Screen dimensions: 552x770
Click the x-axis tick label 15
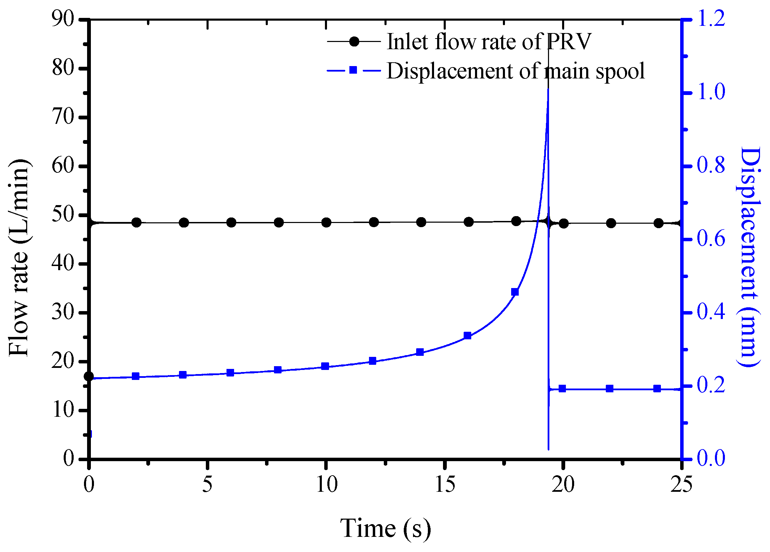pos(445,485)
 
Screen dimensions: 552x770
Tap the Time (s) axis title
pos(385,528)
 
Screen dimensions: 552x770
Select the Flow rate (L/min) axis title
pos(19,258)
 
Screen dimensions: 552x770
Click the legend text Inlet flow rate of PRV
pos(489,42)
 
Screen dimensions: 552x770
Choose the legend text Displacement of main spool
pos(515,71)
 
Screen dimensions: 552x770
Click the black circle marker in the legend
pos(354,42)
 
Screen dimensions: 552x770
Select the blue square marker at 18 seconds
pos(515,292)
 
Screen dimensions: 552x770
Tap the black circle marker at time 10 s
pos(326,223)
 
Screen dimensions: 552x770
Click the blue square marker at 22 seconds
pos(610,389)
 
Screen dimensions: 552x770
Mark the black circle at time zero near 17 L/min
pos(89,376)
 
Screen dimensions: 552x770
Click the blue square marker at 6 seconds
pos(230,373)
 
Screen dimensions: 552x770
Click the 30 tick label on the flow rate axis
pos(63,313)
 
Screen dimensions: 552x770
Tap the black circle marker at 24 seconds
pos(658,223)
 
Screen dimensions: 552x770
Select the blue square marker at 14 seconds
pos(420,352)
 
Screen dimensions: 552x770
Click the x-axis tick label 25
pos(681,485)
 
